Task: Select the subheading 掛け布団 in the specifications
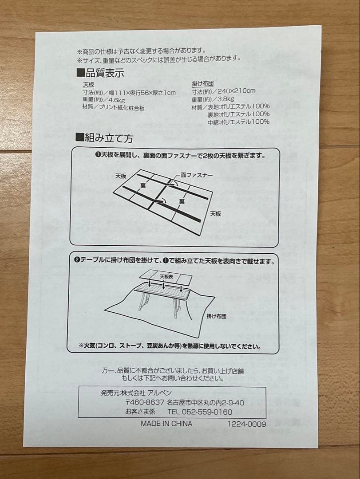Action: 203,83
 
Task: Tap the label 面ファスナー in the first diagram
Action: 197,175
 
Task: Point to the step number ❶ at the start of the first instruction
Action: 97,155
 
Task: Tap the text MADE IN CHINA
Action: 166,424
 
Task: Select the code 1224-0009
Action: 247,424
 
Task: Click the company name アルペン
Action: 160,393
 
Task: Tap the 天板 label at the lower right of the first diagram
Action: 216,213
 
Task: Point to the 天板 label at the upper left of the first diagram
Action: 121,176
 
